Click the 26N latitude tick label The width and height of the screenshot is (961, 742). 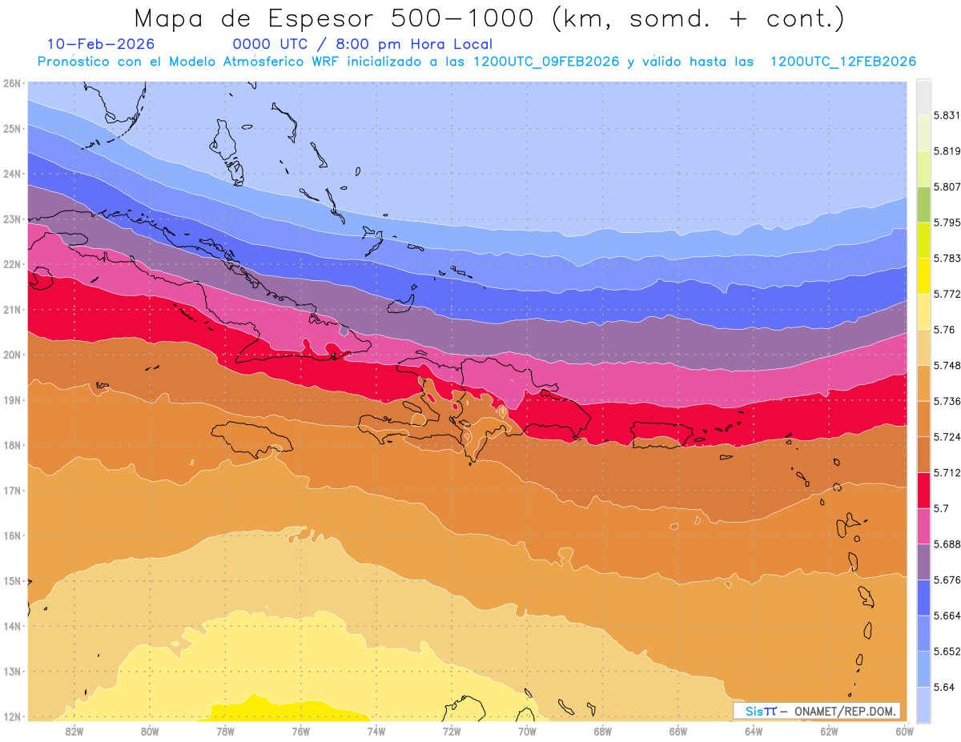(x=11, y=82)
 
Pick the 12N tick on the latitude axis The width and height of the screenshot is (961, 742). (x=11, y=716)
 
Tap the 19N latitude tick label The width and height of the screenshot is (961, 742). (x=11, y=399)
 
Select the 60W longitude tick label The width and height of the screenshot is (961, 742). (x=905, y=731)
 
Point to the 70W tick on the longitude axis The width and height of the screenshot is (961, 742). (x=527, y=731)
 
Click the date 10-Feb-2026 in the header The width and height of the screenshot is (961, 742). (x=101, y=44)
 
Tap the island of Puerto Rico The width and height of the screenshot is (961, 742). (x=661, y=433)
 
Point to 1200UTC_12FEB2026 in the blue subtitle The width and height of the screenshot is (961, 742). (x=843, y=62)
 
